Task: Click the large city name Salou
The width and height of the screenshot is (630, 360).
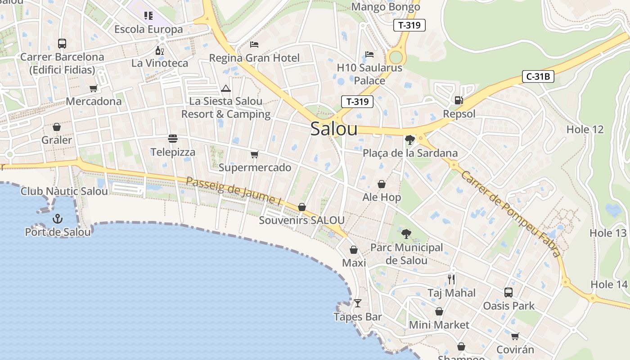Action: click(334, 129)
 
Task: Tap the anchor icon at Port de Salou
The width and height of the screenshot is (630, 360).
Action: click(58, 219)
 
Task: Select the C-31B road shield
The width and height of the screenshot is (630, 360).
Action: click(538, 76)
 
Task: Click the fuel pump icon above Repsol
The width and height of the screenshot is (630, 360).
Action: click(459, 100)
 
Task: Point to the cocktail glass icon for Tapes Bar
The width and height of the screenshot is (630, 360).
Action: click(357, 303)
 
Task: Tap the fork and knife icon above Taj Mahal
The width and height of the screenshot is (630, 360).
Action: click(451, 279)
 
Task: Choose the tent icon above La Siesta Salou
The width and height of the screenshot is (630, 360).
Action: click(226, 88)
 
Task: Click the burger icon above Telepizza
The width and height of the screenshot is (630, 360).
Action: click(173, 138)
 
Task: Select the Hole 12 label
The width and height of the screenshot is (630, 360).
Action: click(585, 130)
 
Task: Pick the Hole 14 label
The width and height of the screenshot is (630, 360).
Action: click(608, 284)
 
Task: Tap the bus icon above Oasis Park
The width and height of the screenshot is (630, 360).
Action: click(508, 292)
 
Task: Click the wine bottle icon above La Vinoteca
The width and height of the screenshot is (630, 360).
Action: click(159, 50)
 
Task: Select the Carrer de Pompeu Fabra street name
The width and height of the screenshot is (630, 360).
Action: click(511, 213)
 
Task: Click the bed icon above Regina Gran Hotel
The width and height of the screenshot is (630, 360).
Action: click(254, 44)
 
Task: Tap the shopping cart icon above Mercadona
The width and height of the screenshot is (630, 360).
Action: click(94, 88)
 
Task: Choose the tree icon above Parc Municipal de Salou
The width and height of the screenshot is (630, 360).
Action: click(406, 234)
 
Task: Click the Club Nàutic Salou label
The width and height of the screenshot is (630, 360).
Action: click(64, 191)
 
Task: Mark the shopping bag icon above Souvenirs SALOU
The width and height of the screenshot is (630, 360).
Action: click(302, 207)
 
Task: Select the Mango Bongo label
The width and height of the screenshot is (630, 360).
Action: click(385, 7)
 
